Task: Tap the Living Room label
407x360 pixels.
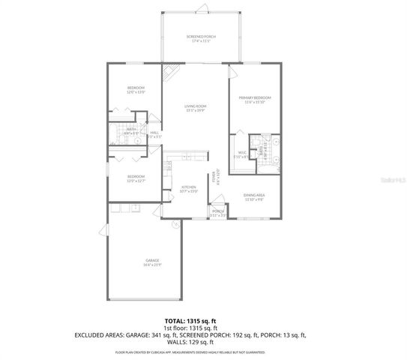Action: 196,108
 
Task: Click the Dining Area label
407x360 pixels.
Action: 255,197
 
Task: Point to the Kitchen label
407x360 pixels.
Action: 188,188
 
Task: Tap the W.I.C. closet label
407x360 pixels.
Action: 241,155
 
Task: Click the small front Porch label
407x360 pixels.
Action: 218,213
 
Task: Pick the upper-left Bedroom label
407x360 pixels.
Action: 136,90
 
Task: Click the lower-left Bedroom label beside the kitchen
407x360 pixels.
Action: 136,178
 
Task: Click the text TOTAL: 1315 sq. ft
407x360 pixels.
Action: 203,321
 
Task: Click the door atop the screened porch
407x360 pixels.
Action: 199,9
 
